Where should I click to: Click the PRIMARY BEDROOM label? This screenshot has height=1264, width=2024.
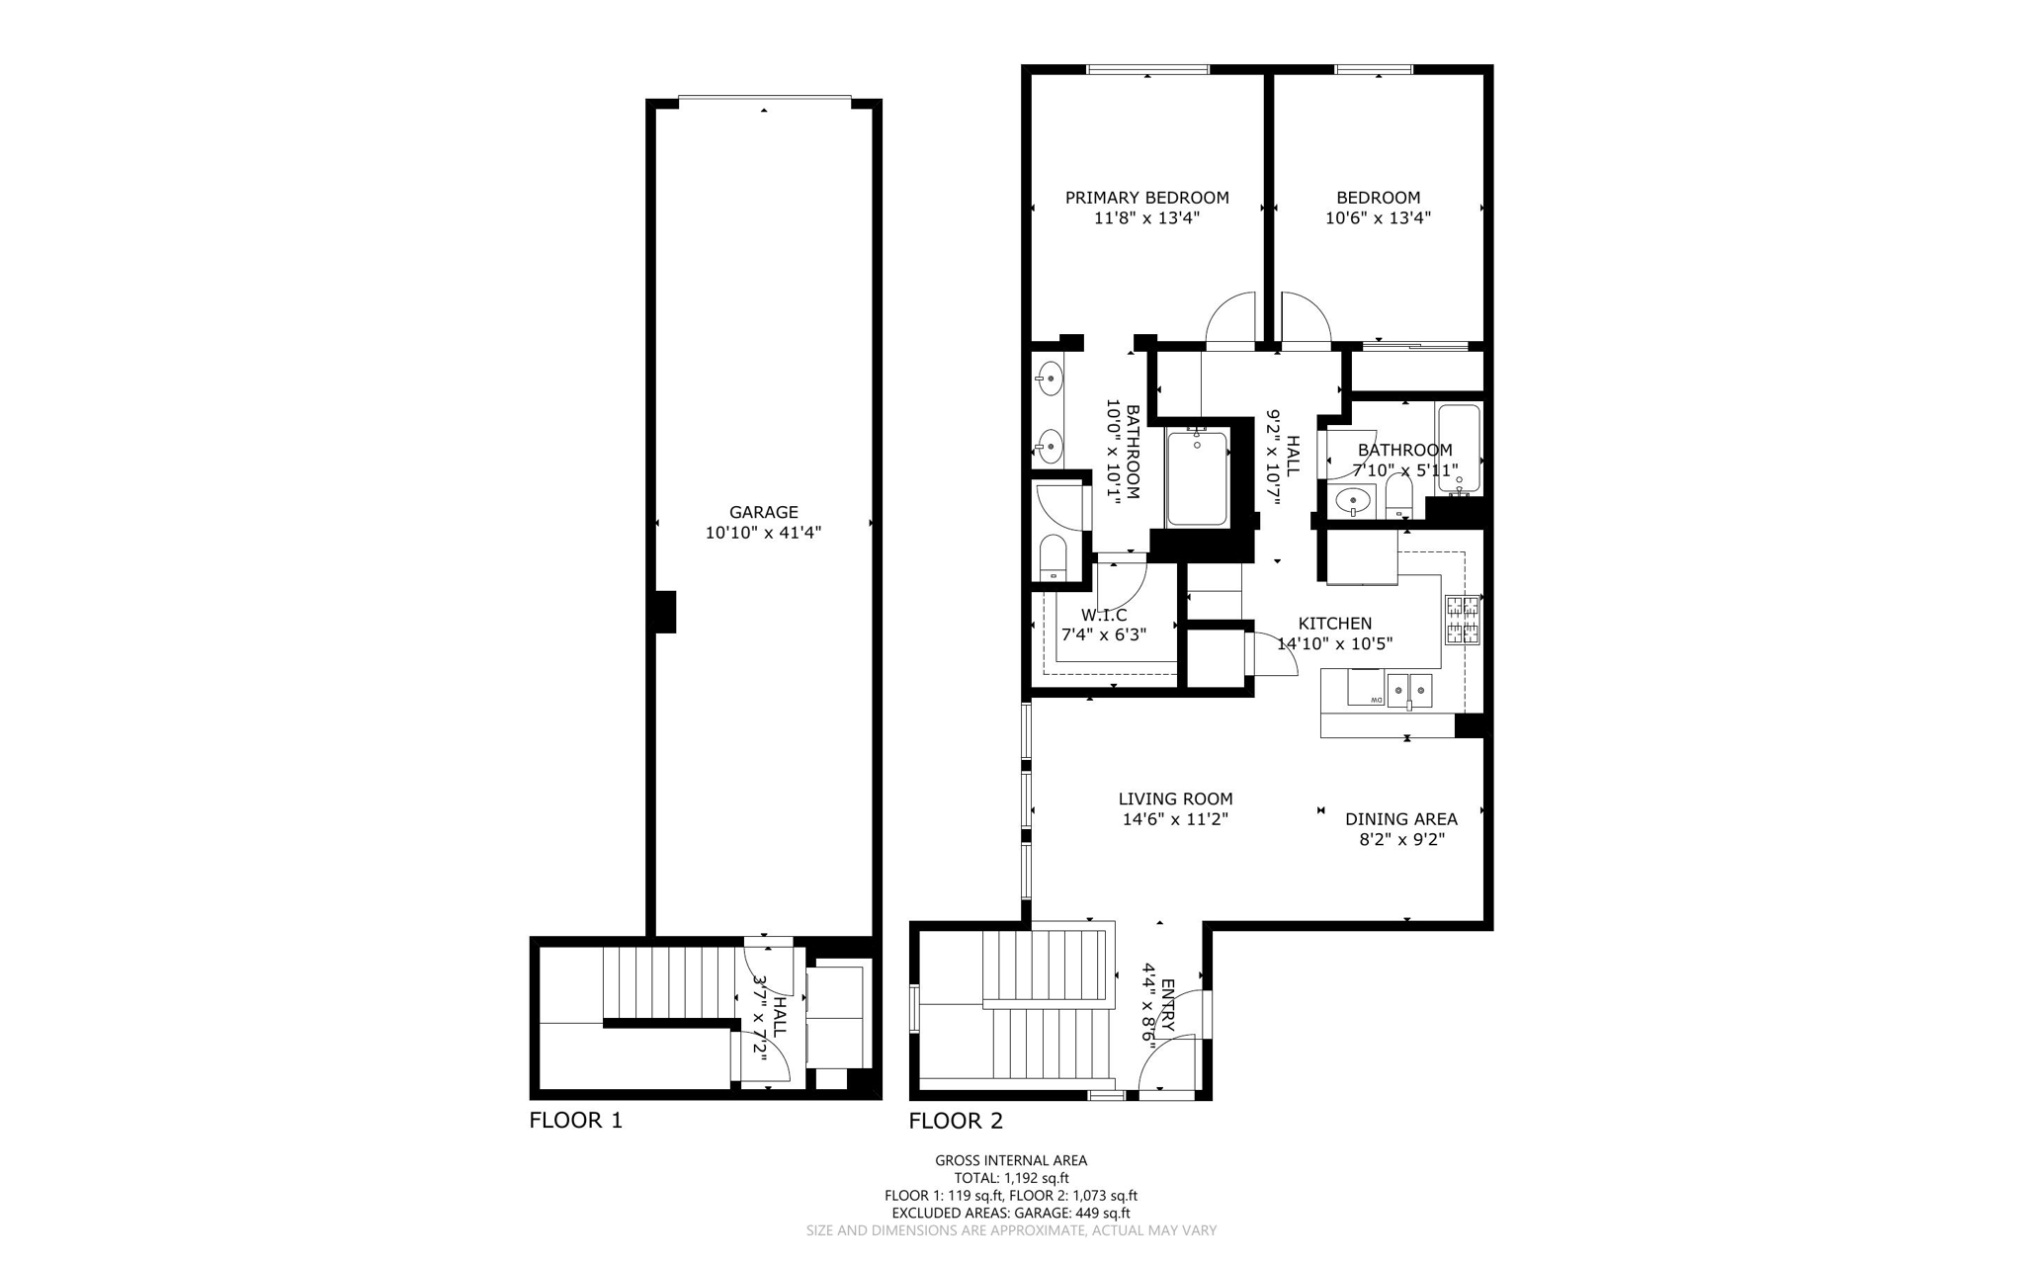[1146, 198]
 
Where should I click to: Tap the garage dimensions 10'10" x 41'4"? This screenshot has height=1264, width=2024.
[763, 533]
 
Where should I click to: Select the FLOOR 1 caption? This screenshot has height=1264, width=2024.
[575, 1120]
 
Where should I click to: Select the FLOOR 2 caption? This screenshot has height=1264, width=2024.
[956, 1120]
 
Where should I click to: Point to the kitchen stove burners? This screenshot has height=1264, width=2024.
[1463, 621]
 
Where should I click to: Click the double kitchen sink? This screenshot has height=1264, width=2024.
[1409, 688]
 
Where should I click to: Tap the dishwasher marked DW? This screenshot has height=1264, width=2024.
[1367, 688]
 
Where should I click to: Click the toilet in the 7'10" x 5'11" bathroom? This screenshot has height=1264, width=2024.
[1398, 496]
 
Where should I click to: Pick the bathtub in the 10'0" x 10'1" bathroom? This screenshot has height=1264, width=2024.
[1197, 478]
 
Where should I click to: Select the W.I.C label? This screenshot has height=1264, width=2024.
[1104, 615]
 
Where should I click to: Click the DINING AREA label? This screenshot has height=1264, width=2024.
[1400, 818]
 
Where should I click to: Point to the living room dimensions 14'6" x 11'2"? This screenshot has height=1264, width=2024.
[1175, 819]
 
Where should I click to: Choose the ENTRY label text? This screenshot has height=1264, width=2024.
[1167, 1006]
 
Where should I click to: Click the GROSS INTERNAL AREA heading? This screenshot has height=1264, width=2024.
[1011, 1160]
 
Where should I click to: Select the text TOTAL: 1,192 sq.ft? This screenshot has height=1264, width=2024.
[1011, 1178]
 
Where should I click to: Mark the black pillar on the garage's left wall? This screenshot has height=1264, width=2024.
[666, 612]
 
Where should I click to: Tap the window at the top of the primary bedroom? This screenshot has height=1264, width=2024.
[1147, 69]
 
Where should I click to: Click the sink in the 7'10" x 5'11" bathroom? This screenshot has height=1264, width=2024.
[1352, 501]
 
